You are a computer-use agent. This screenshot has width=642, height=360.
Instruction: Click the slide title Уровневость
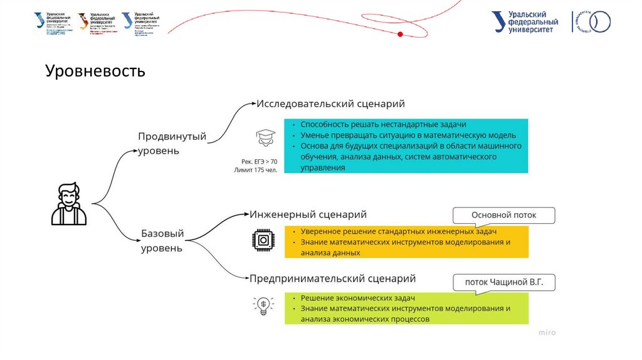coord(95,71)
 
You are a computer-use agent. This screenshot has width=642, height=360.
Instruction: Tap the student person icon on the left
coord(69,204)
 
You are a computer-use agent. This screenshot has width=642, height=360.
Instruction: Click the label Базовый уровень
coord(162,241)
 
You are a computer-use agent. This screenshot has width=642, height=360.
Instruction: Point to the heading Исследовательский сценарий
coord(330,103)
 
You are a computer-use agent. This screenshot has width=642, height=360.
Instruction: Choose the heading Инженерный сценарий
coord(308,214)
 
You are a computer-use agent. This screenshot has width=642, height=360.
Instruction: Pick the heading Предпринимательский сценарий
coord(332,278)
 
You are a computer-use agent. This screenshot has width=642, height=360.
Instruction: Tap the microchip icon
coord(263,241)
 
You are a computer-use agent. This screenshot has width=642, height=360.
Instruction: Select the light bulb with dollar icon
coord(264,305)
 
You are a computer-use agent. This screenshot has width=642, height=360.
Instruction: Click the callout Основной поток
coord(504,215)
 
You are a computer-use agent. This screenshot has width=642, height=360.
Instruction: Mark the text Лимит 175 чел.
coord(255,170)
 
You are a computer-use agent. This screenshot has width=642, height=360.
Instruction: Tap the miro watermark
coord(547,332)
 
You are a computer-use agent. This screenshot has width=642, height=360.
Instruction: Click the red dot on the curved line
coord(400,33)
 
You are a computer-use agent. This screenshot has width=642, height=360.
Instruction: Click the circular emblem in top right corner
coord(599,22)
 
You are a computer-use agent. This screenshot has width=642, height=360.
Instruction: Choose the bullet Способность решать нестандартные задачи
coord(383,124)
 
